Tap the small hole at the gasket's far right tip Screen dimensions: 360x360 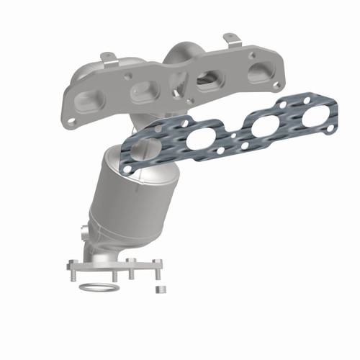click(x=330, y=129)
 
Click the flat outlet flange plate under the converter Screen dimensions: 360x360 click(x=115, y=266)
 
